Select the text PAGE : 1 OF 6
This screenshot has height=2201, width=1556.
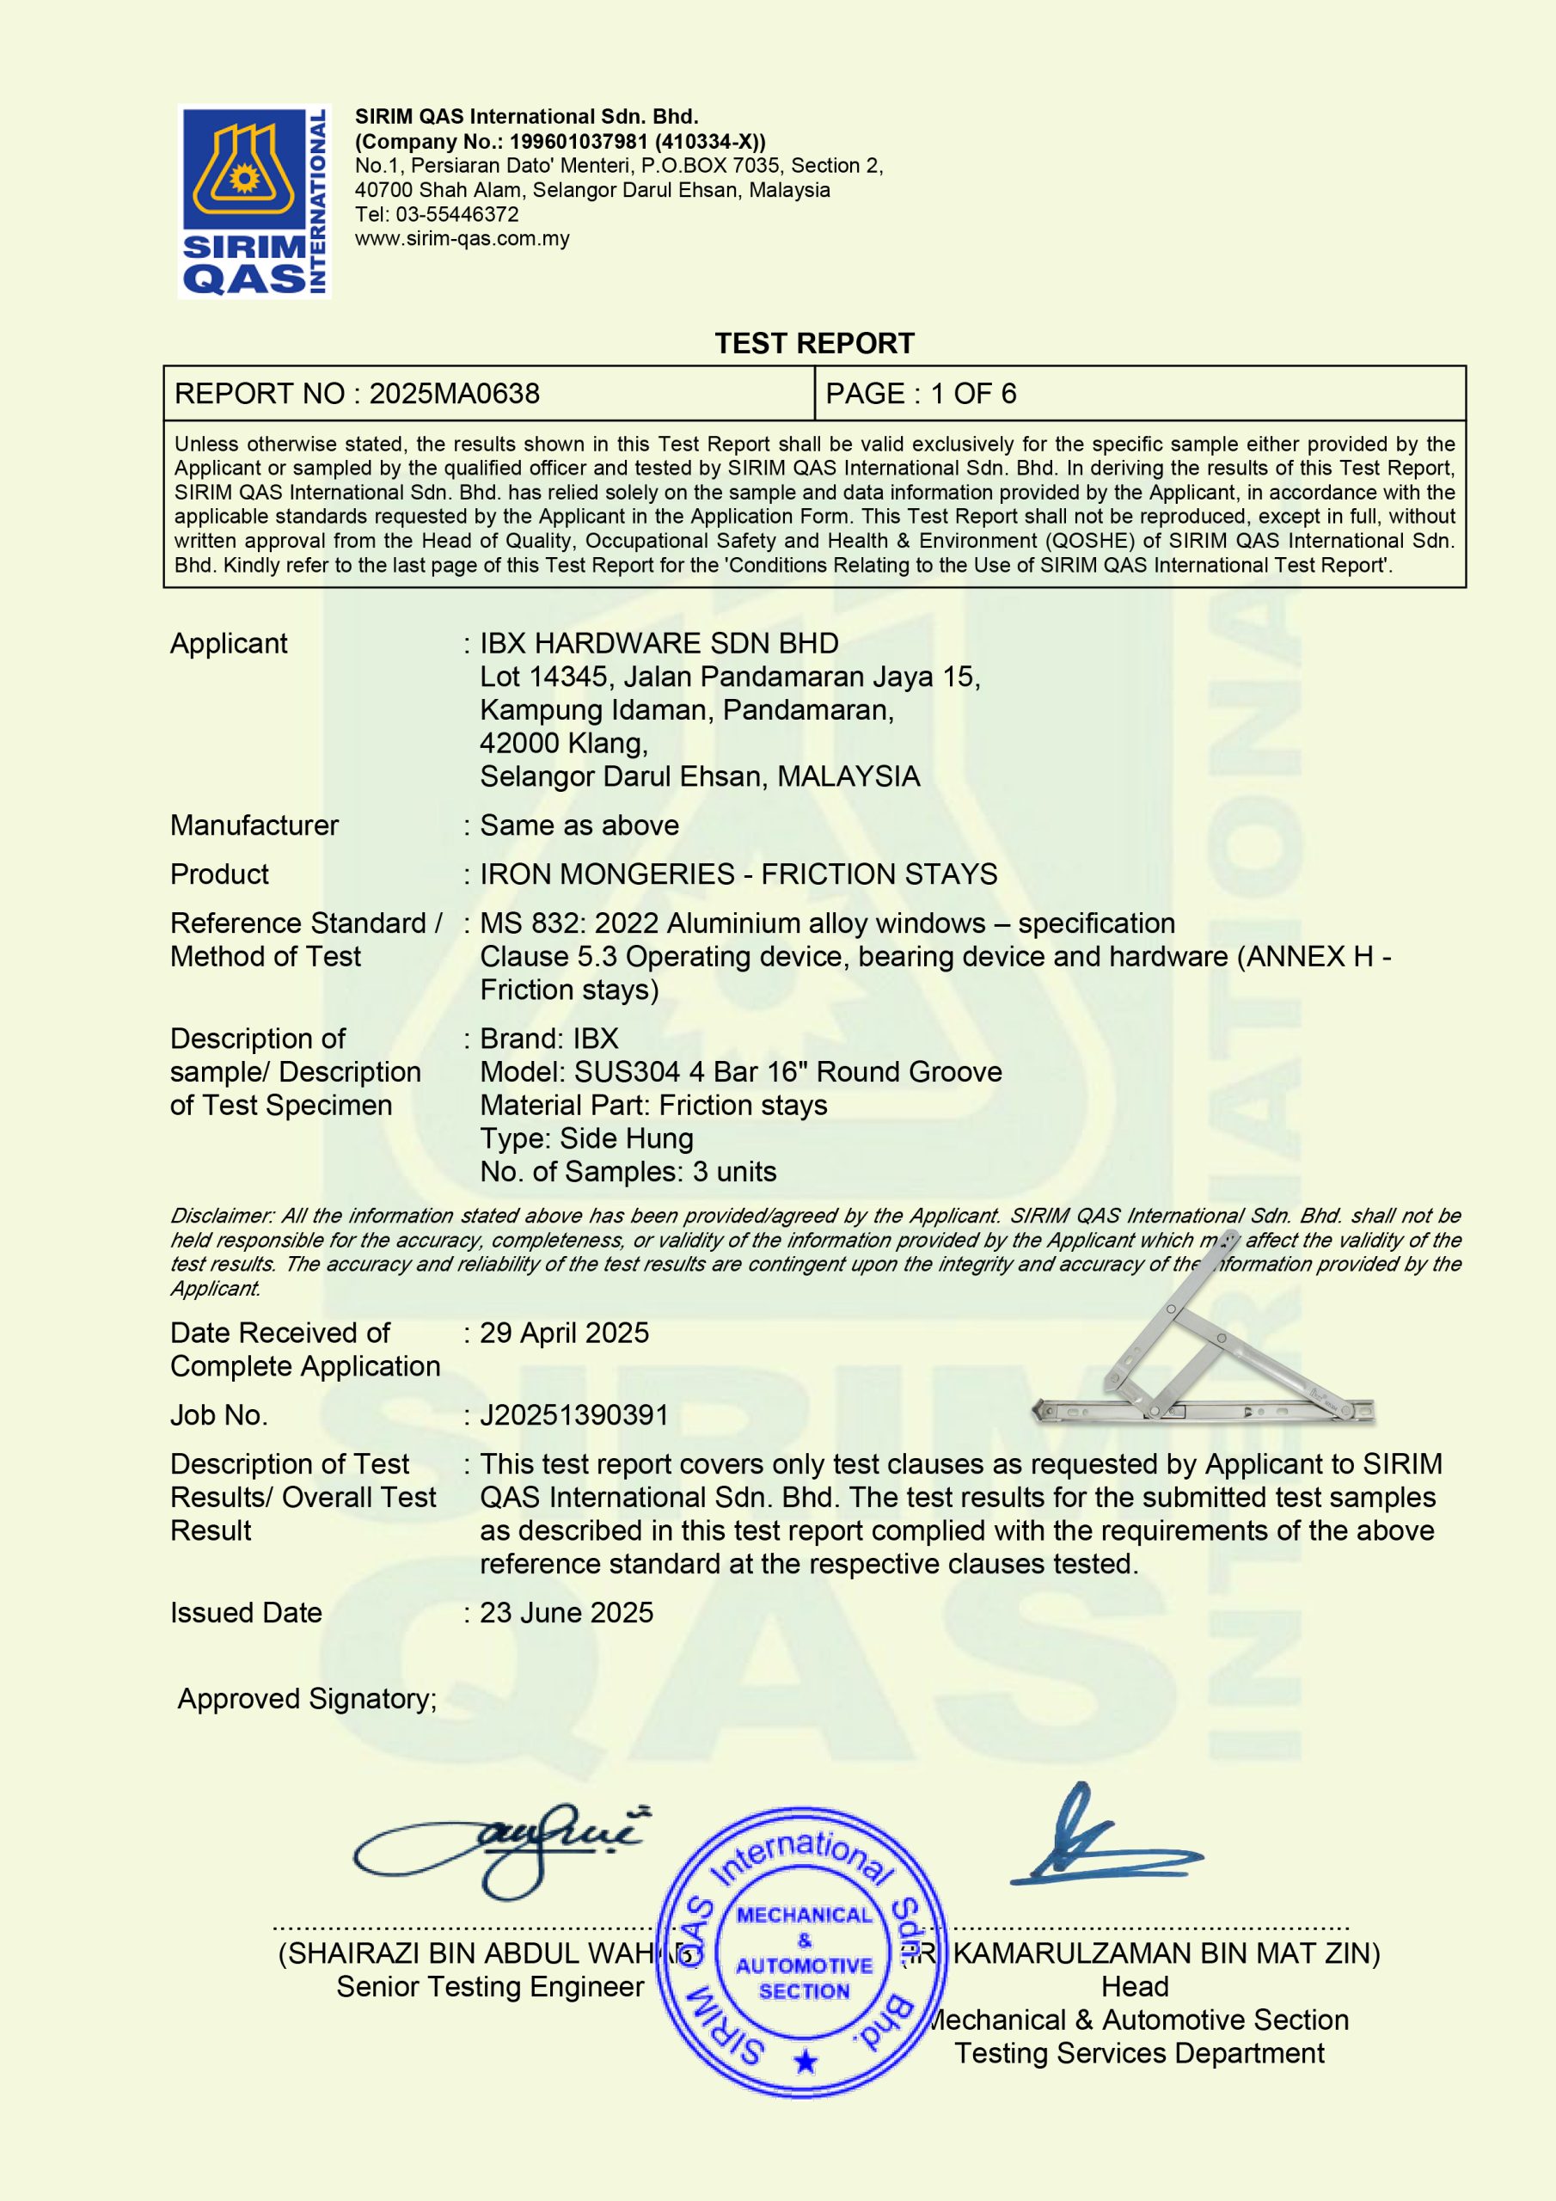pos(921,393)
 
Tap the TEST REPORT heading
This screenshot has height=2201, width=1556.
pos(814,343)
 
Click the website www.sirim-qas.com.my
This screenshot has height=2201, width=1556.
pos(463,239)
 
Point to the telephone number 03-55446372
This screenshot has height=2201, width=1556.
pos(457,214)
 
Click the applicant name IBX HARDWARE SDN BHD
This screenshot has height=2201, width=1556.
pos(659,643)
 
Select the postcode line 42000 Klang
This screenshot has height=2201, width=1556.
pos(564,743)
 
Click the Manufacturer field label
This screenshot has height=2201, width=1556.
pos(254,825)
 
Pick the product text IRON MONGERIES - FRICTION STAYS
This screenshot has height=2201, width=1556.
pos(738,874)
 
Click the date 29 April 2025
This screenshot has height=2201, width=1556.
pos(564,1333)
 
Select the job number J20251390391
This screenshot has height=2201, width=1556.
pos(573,1415)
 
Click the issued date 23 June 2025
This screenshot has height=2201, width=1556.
pos(566,1612)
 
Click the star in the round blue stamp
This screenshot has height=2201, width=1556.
pos(806,2062)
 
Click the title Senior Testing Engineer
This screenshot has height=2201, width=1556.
pos(490,1986)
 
